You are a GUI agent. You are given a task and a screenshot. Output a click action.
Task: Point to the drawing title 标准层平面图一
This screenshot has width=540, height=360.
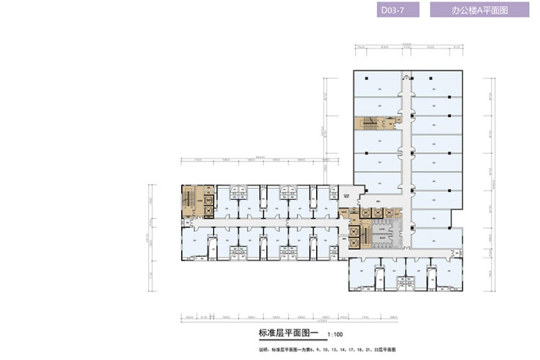click(x=287, y=333)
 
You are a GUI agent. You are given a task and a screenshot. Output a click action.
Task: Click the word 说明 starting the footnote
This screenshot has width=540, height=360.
click(x=264, y=350)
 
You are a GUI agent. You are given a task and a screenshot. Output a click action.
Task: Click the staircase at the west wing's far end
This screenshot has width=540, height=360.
click(x=191, y=199)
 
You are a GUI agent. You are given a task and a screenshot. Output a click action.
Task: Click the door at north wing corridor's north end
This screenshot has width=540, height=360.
click(x=406, y=73)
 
